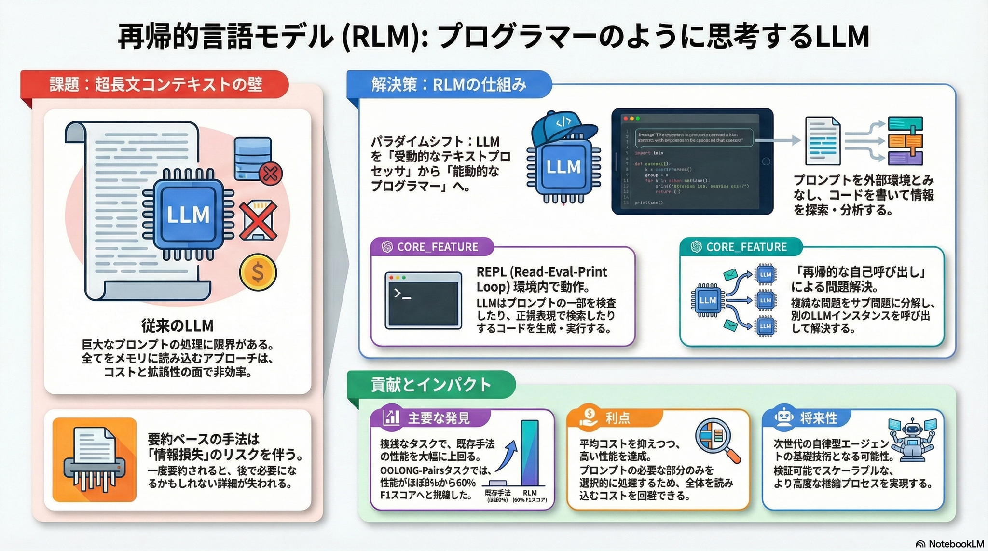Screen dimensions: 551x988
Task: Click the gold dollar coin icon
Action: pyautogui.click(x=258, y=272)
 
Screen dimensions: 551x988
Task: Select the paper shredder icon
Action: pyautogui.click(x=95, y=459)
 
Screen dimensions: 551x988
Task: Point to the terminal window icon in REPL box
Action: pyautogui.click(x=423, y=300)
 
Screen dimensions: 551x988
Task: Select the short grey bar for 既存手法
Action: pyautogui.click(x=497, y=483)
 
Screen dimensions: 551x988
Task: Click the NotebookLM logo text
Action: pyautogui.click(x=950, y=543)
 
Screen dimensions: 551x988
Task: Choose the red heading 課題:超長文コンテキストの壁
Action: pyautogui.click(x=155, y=85)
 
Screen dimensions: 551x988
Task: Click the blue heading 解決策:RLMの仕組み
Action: pyautogui.click(x=449, y=85)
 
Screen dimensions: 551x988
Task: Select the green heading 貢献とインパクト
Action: pyautogui.click(x=431, y=385)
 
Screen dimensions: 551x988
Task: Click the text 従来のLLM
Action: pyautogui.click(x=177, y=326)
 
